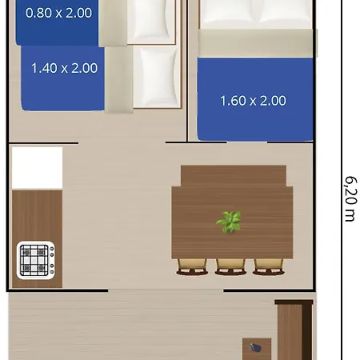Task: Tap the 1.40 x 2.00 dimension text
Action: tap(64, 68)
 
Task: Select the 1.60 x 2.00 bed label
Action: tap(253, 101)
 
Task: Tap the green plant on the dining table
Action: tap(230, 221)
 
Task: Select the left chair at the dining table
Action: tap(192, 266)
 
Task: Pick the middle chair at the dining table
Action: tap(230, 266)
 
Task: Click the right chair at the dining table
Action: tap(268, 266)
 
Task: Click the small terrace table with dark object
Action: tap(257, 349)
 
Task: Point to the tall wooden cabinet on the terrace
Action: tap(294, 330)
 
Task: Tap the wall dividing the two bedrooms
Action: tap(187, 72)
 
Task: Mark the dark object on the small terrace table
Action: tap(255, 348)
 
